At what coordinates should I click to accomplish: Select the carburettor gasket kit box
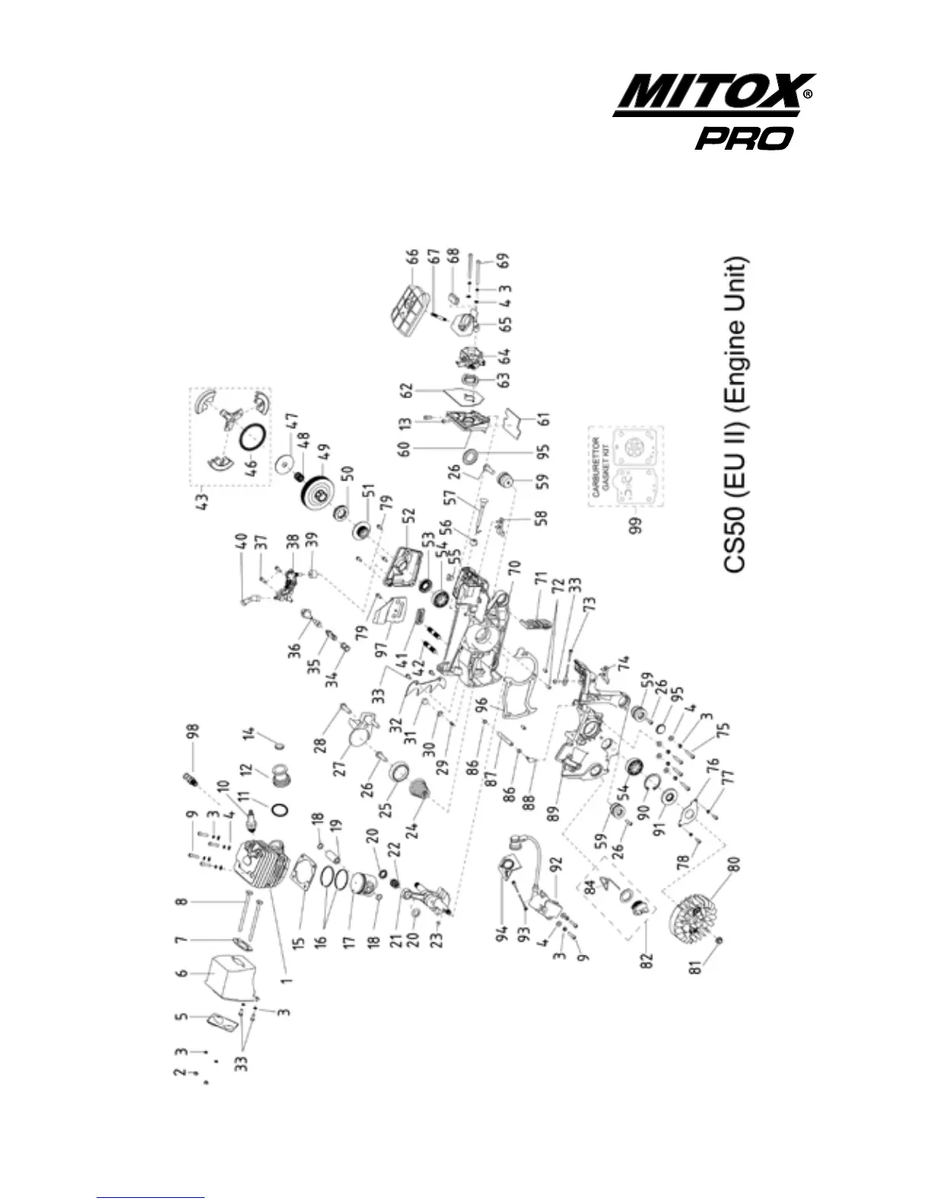[x=627, y=466]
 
